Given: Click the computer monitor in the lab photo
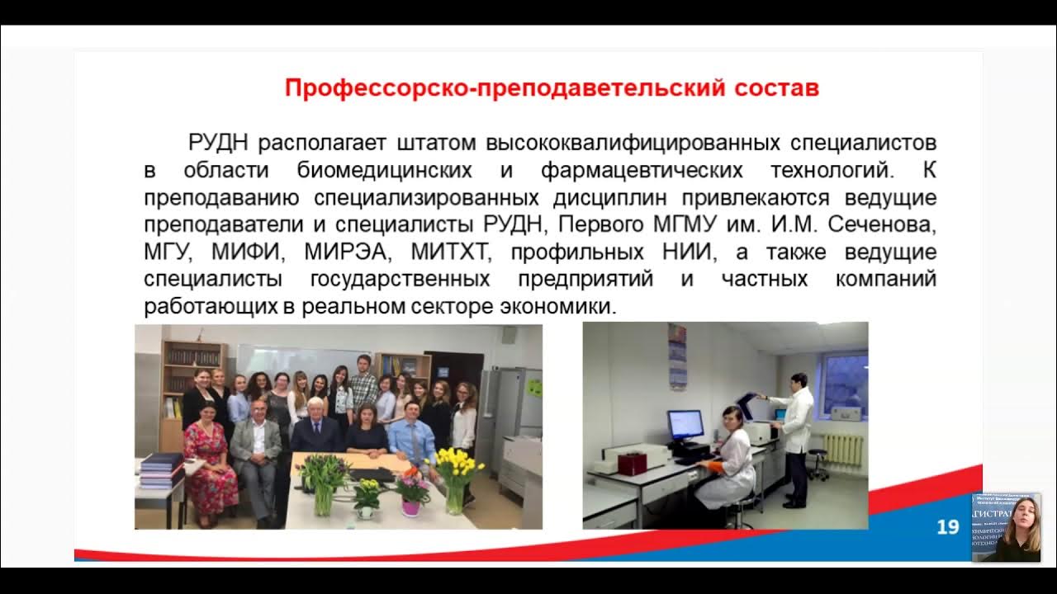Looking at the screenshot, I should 685,426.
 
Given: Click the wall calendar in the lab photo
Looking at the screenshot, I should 677,356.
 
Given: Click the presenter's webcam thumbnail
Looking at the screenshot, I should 1006,528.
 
